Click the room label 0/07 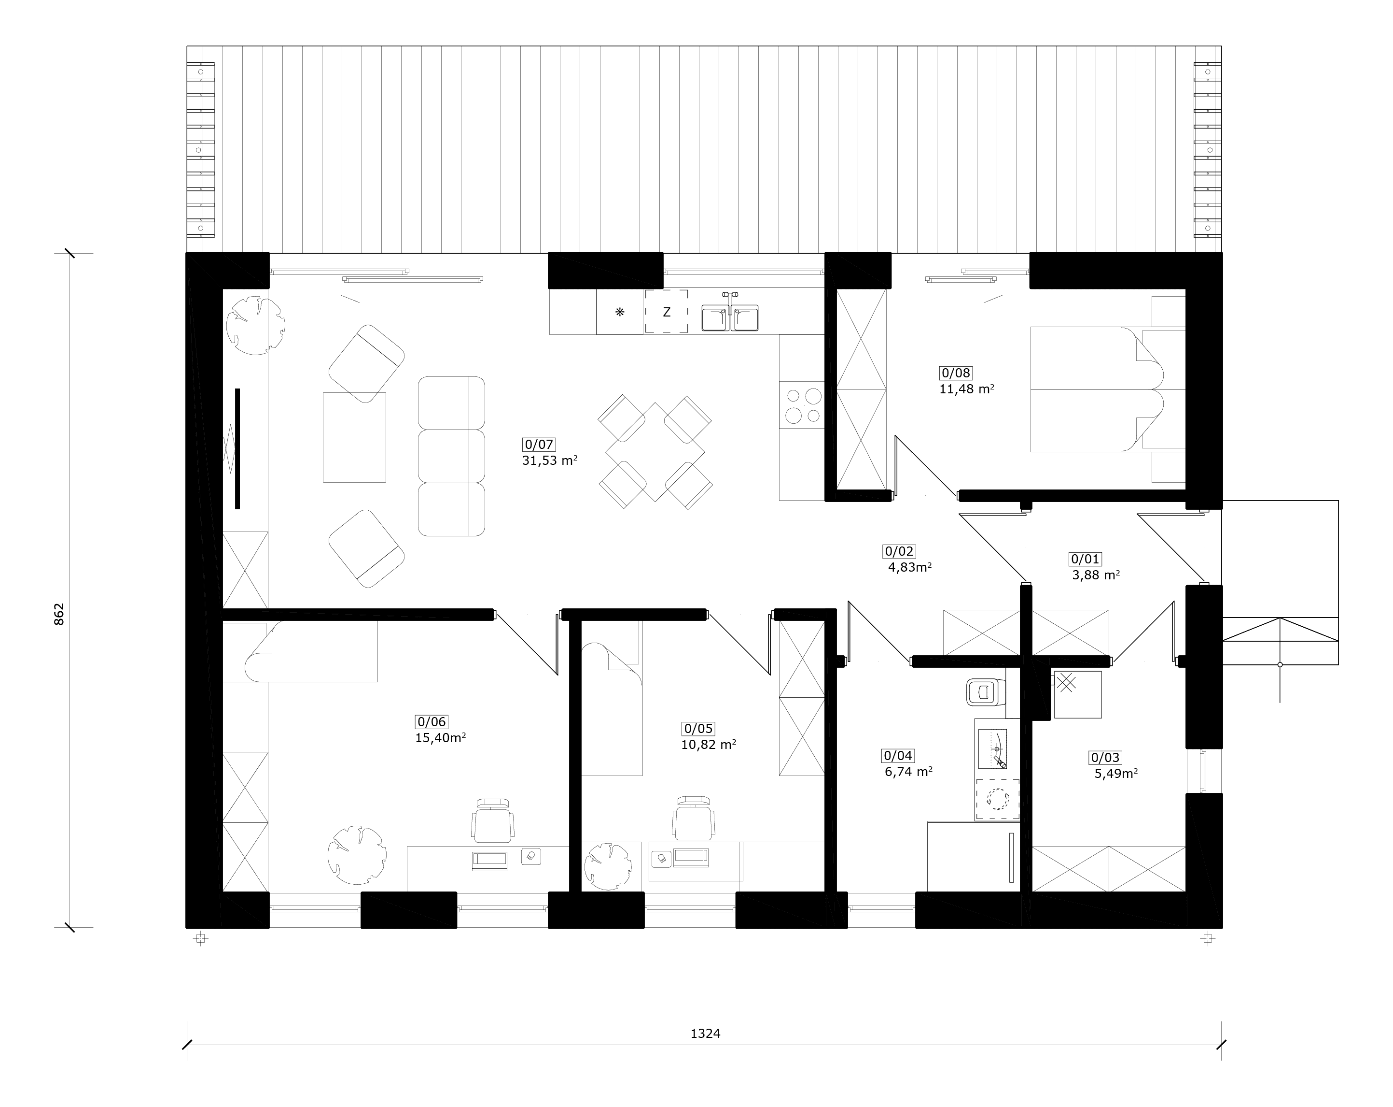[539, 444]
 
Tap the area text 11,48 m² [966, 389]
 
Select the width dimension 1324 [705, 1033]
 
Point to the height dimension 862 [59, 614]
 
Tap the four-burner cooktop [802, 405]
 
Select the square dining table [655, 452]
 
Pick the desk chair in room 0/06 [494, 820]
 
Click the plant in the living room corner [255, 325]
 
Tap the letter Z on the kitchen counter [666, 312]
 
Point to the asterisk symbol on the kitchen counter [620, 312]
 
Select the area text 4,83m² [910, 568]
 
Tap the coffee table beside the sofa [354, 437]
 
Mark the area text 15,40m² [441, 738]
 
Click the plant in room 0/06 [357, 854]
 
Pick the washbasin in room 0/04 [992, 749]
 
